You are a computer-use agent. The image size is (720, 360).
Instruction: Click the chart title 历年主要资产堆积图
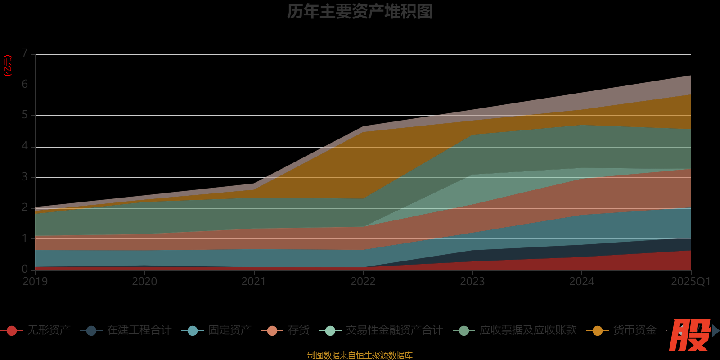click(x=360, y=12)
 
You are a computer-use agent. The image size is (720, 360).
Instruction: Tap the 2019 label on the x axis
click(x=35, y=282)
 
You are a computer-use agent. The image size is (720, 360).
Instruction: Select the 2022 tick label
click(x=363, y=282)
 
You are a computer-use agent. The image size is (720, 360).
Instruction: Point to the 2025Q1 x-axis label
click(x=690, y=282)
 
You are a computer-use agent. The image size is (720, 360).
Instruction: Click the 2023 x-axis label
click(x=472, y=282)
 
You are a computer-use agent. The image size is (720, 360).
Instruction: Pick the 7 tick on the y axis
click(x=25, y=54)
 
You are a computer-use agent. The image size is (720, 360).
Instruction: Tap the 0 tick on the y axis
click(x=25, y=269)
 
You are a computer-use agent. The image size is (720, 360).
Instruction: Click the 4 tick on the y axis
click(x=25, y=146)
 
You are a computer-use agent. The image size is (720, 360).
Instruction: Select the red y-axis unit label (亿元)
click(x=8, y=66)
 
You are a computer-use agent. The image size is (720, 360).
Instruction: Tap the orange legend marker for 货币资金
click(x=598, y=331)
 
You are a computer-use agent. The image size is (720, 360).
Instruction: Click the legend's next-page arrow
click(x=715, y=331)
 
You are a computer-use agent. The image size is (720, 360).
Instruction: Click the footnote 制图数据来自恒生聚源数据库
click(x=360, y=355)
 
